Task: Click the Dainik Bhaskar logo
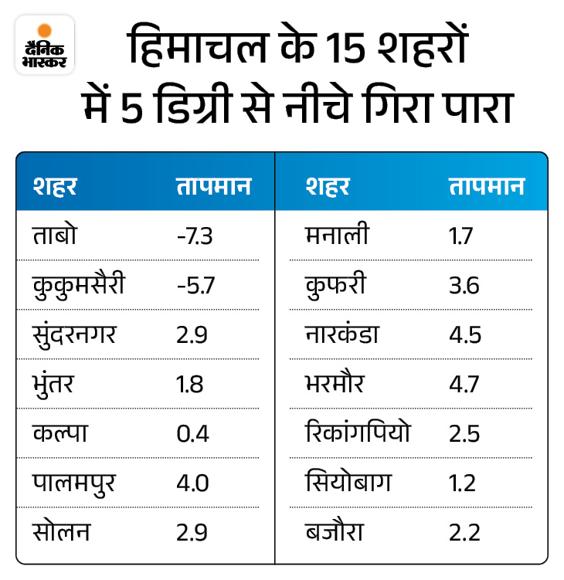(45, 45)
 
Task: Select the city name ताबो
(57, 236)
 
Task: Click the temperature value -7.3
(195, 236)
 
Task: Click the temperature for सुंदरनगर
(191, 334)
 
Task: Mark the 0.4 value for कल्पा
(192, 433)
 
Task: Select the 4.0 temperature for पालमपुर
(192, 483)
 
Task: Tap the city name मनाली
(337, 236)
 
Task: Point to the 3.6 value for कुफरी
(464, 285)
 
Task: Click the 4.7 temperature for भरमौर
(464, 384)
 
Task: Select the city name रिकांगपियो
(358, 433)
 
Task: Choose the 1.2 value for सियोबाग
(462, 483)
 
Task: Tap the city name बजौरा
(335, 532)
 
